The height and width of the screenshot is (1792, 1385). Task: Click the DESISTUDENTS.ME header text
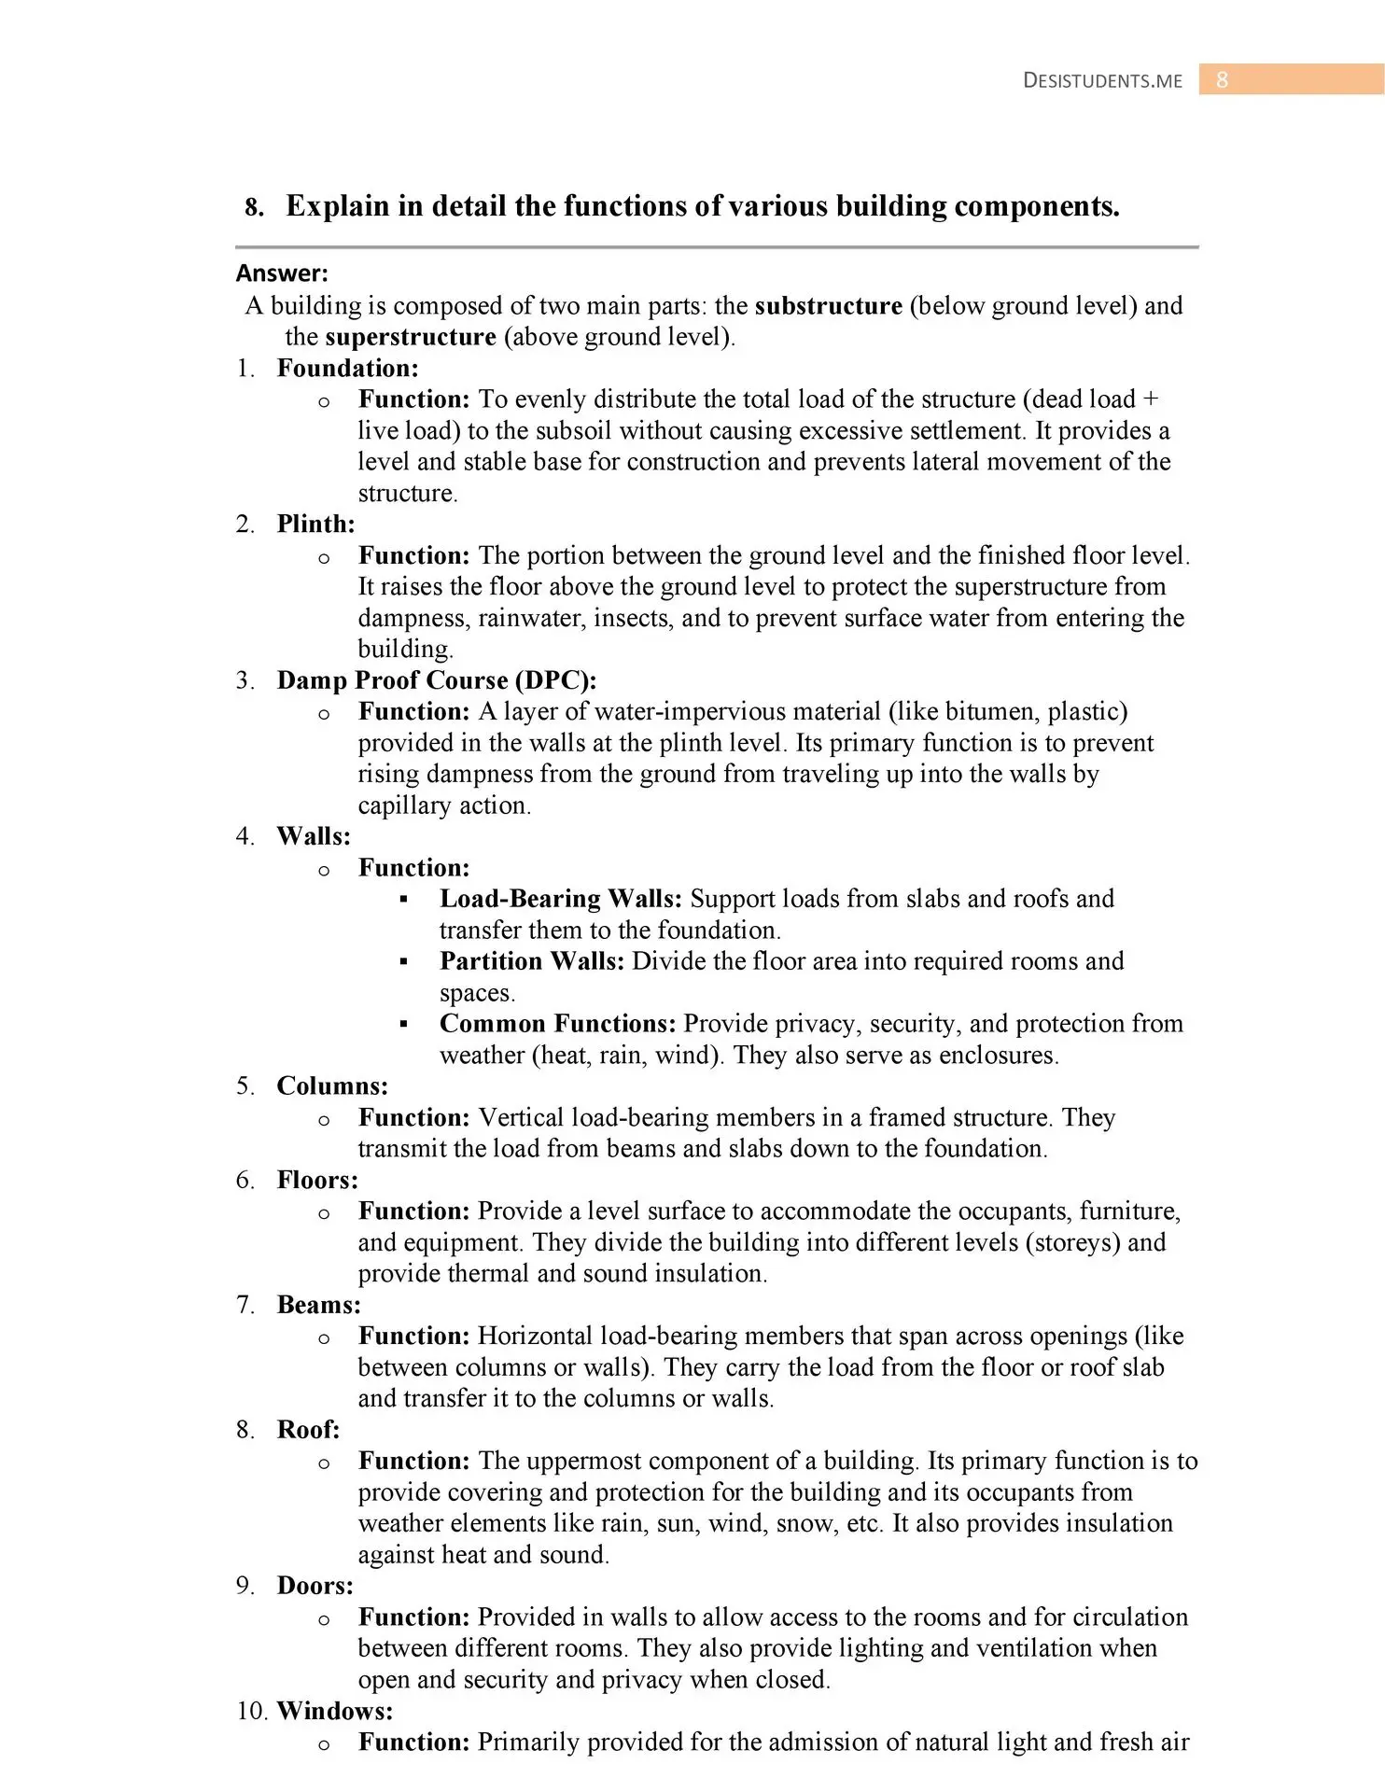1102,80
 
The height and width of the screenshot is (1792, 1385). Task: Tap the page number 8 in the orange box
1222,80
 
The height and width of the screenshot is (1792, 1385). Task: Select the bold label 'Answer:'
282,273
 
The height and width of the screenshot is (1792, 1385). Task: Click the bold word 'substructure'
828,306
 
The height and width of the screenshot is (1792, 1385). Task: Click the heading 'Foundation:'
347,369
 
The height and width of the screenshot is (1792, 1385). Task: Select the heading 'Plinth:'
315,525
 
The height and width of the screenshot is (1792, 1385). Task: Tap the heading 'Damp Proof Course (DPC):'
437,680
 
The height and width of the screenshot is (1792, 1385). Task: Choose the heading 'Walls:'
314,836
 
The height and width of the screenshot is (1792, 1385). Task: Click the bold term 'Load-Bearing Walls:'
561,899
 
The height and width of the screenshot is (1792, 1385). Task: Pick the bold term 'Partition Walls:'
531,961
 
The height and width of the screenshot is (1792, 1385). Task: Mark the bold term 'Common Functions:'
557,1024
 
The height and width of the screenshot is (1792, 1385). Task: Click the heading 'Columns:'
332,1086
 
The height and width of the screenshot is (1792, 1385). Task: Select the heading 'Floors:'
317,1181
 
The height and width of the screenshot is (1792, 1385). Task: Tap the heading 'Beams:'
318,1305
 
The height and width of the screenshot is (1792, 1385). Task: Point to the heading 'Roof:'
308,1430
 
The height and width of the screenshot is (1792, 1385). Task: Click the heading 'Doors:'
315,1586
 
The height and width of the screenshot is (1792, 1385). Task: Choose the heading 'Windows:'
335,1711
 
